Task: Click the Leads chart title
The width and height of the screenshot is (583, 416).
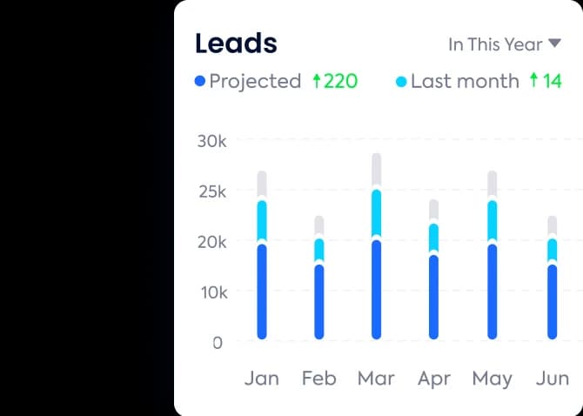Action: coord(236,43)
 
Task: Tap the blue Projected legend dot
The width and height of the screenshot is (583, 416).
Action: coord(200,82)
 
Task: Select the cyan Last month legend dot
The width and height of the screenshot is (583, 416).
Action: coord(401,82)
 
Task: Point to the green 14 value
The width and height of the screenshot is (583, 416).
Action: coord(552,82)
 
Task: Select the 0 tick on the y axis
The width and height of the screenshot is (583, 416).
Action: coord(217,343)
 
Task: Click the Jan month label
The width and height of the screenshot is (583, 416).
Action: coord(262,379)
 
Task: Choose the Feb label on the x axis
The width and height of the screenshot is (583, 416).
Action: coord(318,379)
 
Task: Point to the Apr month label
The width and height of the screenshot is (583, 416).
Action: coord(433,379)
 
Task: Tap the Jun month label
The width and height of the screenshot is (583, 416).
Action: coord(553,379)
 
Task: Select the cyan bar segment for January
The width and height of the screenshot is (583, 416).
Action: coord(262,220)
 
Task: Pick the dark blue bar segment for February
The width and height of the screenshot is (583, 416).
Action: coord(319,301)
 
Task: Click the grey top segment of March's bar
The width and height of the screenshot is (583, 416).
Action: coord(377,171)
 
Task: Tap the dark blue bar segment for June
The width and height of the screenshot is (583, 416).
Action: coord(552,301)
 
